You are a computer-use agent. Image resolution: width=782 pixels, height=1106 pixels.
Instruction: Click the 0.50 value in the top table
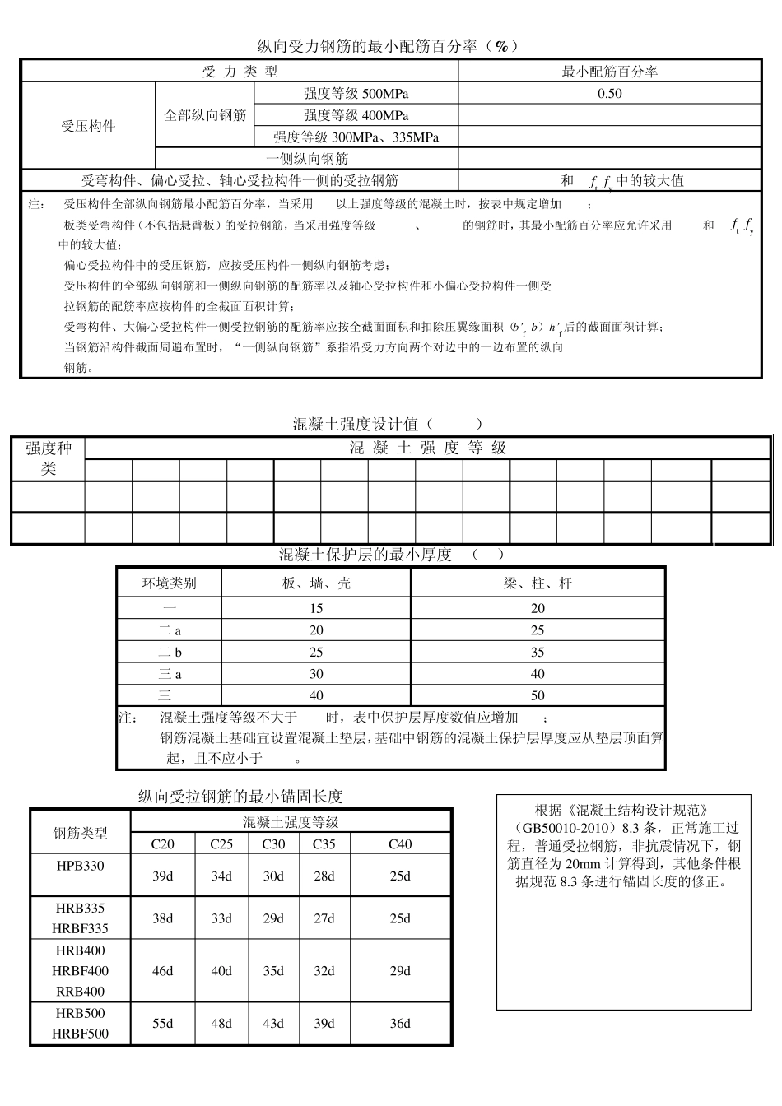point(609,94)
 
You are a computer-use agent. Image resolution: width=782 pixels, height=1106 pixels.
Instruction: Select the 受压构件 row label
point(88,126)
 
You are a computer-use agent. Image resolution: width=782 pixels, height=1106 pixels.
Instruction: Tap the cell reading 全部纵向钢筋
point(205,115)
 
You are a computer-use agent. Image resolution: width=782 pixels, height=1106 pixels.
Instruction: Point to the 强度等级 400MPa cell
point(356,115)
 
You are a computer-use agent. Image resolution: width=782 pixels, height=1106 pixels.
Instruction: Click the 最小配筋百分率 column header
point(609,72)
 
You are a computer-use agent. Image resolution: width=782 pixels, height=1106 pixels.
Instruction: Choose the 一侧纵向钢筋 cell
point(307,158)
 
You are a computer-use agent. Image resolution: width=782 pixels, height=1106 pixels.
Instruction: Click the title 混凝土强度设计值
point(356,425)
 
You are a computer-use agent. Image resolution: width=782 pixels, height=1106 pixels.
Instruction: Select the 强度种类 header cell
point(49,458)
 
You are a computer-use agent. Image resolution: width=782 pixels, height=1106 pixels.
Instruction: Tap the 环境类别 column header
point(170,583)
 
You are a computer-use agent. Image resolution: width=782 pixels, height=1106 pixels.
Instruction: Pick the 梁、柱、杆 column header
point(538,583)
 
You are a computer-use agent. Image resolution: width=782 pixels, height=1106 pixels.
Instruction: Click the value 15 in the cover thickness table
point(316,609)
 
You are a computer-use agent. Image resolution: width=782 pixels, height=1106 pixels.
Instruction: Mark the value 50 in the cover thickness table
point(538,695)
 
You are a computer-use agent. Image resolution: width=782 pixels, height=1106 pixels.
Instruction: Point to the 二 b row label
point(170,652)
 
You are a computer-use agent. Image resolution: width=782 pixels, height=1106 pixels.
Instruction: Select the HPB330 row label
point(81,866)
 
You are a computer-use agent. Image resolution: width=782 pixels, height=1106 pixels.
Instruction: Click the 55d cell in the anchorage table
point(163,1024)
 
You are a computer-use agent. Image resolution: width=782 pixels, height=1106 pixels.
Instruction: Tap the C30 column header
point(273,844)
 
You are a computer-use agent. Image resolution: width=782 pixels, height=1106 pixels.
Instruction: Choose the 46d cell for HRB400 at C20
point(163,971)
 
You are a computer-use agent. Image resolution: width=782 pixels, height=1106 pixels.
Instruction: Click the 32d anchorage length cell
point(324,971)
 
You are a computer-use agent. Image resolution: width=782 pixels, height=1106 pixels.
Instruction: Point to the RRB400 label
point(81,992)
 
